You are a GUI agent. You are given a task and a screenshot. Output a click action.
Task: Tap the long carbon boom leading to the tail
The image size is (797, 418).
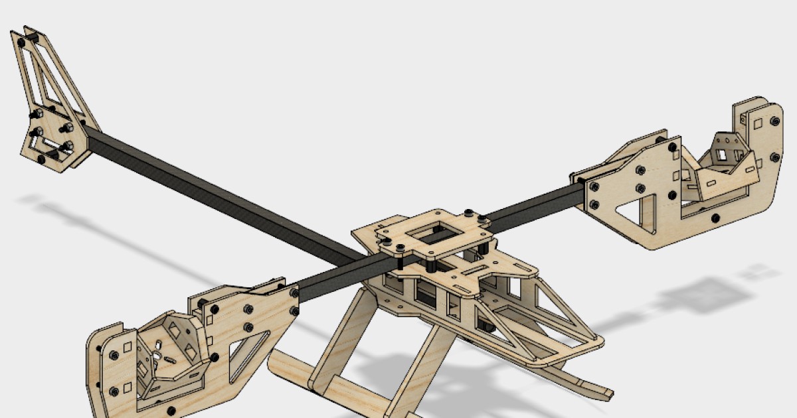(x=219, y=192)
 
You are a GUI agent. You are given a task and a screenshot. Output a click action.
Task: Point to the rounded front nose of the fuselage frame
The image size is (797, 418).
(x=591, y=342)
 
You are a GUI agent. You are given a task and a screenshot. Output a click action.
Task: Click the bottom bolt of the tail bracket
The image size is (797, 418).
(x=41, y=159)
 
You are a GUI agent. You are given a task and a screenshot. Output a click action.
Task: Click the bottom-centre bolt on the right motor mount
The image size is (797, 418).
(x=715, y=218)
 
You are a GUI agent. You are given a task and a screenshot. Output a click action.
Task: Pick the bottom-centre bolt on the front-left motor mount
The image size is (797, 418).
(x=172, y=410)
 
